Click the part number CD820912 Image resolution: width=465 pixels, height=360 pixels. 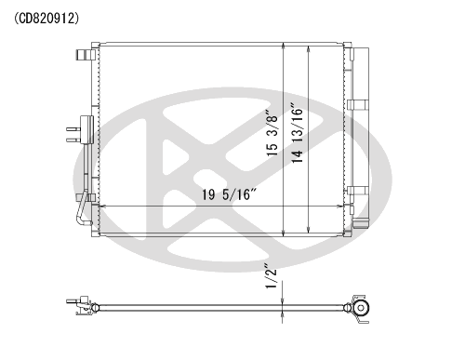[46, 19]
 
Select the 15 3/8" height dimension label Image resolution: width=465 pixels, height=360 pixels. [272, 132]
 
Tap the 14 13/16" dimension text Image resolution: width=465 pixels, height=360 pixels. [297, 135]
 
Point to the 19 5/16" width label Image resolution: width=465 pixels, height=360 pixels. [230, 194]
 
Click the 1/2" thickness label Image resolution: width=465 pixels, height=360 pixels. [271, 276]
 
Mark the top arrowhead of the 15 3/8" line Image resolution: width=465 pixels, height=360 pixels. [284, 46]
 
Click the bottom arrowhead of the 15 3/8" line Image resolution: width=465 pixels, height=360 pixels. [284, 233]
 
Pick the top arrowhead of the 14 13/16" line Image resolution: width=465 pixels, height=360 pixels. [308, 49]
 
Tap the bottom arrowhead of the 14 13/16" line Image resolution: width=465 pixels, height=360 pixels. [308, 230]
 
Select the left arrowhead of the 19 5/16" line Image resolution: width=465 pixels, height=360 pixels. [102, 206]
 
